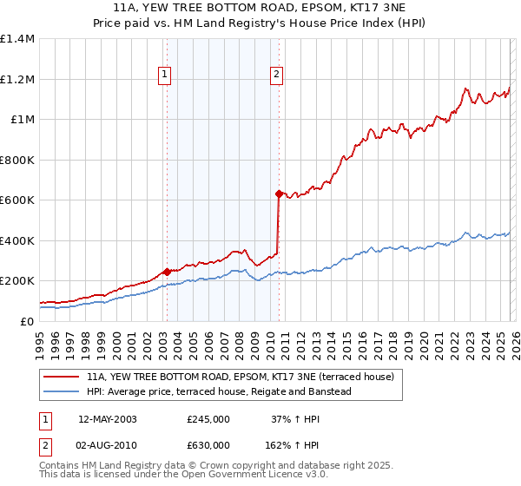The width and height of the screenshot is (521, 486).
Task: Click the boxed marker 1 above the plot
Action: pos(165,76)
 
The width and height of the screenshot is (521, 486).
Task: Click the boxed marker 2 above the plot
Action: pos(277,76)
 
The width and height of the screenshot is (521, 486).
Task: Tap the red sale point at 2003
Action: pos(166,272)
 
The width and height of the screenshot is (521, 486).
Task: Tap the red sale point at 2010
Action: pos(279,194)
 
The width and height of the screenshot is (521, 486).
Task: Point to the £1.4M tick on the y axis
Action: pos(17,39)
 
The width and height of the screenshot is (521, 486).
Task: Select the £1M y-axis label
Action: pos(22,120)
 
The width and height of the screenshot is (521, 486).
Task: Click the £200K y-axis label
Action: pos(17,281)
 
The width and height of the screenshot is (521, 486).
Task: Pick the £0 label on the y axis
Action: pos(26,321)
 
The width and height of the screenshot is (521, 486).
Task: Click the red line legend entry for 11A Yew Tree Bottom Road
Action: pos(241,377)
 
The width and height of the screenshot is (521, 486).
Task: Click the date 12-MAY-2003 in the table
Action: pos(108,419)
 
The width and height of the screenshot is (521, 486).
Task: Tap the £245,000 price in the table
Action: pos(208,419)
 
